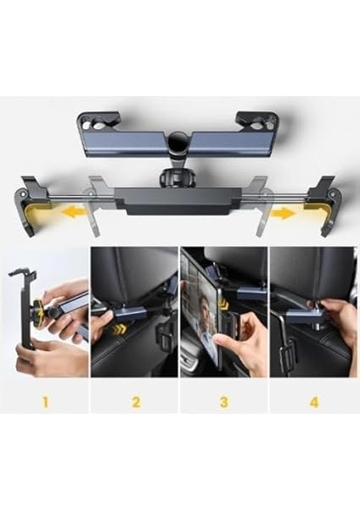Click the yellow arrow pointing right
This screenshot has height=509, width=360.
tap(284, 213)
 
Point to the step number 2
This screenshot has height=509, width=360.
tap(135, 400)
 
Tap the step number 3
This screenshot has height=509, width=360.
tap(224, 400)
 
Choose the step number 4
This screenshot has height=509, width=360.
tap(313, 400)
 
